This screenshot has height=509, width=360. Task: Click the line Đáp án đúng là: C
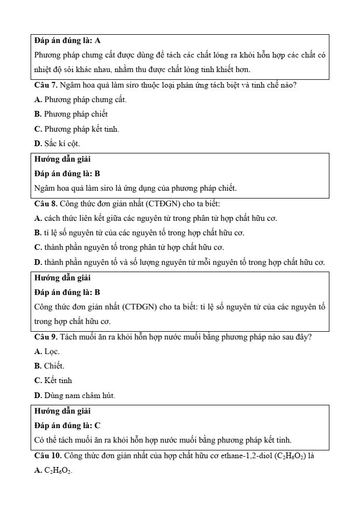[x=67, y=426]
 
